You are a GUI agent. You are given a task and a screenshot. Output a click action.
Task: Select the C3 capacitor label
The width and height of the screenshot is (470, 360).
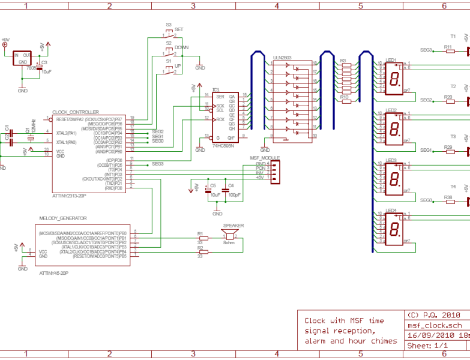pos(44,62)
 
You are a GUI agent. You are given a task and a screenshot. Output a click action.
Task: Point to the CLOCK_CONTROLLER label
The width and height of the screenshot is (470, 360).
pos(76,112)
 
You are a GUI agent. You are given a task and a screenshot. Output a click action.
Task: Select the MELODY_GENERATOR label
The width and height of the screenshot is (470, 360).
pos(62,218)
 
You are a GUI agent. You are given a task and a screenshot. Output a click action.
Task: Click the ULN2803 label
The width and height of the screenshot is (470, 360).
pos(282,58)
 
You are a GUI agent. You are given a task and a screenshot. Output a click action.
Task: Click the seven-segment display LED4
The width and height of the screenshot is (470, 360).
pos(393,229)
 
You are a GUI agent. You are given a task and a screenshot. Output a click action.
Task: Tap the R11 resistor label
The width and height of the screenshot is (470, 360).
pos(448,46)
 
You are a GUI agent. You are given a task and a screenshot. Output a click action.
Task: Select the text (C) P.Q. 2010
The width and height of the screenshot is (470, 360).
pos(433,315)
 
